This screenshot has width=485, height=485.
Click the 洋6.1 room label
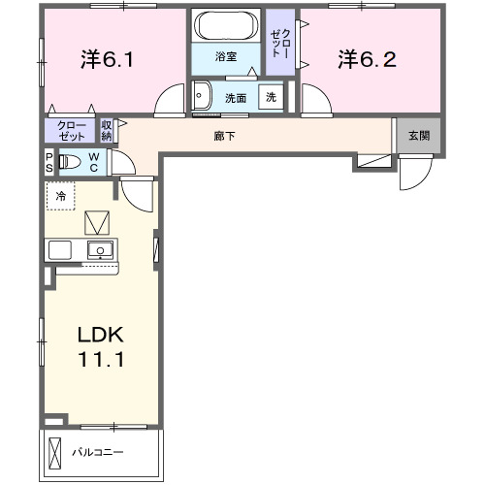pos(106,60)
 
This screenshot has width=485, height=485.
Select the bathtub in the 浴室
pos(225,25)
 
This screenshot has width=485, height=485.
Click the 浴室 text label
pos(225,57)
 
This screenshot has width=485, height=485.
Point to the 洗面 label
pos(236,98)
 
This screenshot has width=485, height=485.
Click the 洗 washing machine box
pos(272,97)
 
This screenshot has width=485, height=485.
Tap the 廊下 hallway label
pos(224,136)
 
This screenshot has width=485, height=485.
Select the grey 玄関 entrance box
pos(418,136)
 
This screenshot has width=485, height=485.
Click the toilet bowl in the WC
pos(70,162)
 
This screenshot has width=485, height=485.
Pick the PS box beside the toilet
pos(48,162)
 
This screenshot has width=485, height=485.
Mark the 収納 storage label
pos(107,131)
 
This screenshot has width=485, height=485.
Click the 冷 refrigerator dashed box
pos(60,196)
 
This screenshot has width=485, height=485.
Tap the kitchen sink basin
pos(99,250)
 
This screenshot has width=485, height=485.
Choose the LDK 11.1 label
pos(101,346)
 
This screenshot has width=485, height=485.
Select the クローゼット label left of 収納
pos(71,131)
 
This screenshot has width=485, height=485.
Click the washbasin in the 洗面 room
pos(202,95)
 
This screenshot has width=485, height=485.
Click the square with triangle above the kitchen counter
pos(98,222)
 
